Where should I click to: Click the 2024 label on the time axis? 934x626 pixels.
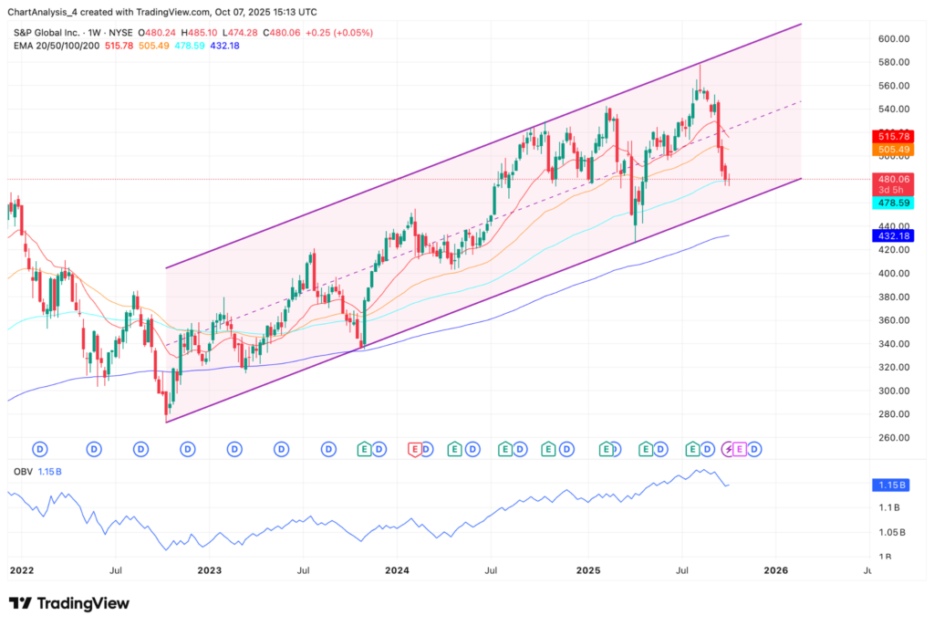point(397,570)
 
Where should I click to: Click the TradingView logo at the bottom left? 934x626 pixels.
point(69,603)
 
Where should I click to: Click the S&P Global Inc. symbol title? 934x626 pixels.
point(47,33)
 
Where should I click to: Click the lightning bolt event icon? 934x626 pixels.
point(728,448)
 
